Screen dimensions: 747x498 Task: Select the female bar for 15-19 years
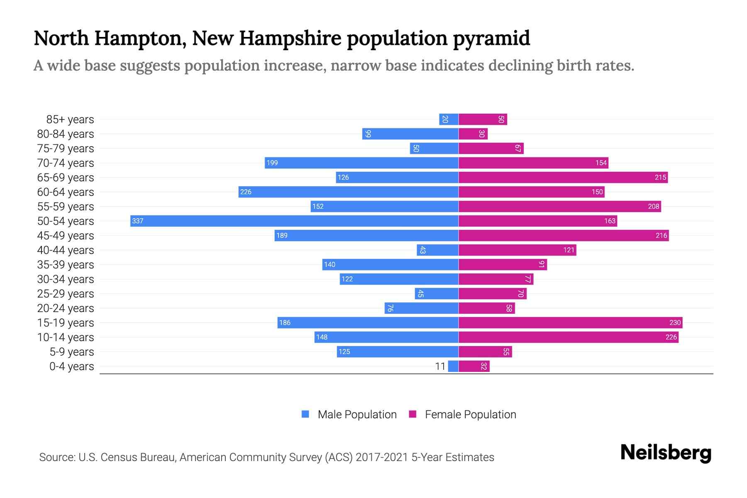coord(570,322)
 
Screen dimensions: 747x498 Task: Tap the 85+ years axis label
coord(70,120)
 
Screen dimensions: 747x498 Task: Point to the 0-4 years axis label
coord(71,366)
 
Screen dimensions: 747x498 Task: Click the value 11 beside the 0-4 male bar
coord(440,366)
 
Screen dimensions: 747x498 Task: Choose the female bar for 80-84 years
coord(473,134)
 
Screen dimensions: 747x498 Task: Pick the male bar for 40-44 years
coord(437,250)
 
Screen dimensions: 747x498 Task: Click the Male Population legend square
coord(305,414)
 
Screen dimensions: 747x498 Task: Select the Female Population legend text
coord(470,414)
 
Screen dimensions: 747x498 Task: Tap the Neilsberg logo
coord(666,453)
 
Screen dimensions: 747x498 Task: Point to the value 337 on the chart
coord(137,221)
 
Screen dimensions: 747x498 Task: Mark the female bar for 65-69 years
coord(563,177)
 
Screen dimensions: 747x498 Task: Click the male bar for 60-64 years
coord(348,192)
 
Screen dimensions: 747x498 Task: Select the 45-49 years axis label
coord(66,236)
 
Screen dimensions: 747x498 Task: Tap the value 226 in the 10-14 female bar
coord(671,337)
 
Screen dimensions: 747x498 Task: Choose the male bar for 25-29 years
coord(437,293)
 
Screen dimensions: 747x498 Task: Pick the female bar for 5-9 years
coord(485,352)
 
